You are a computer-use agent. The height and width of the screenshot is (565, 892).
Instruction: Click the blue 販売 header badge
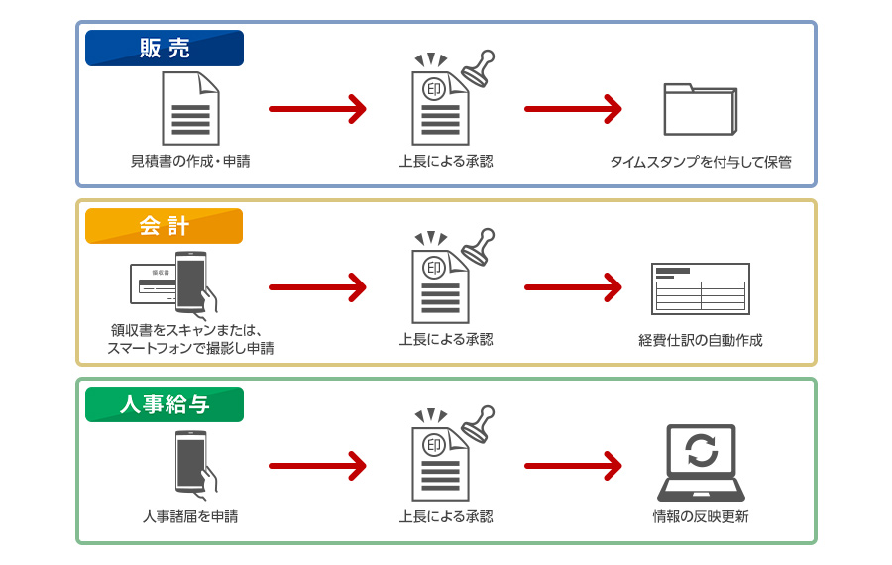164,48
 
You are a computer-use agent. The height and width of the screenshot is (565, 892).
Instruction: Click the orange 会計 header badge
164,226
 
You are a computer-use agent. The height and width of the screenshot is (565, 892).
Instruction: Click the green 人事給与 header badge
164,404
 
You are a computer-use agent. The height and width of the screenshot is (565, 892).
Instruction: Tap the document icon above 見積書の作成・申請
190,108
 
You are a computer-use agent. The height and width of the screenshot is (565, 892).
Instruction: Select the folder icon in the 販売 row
700,108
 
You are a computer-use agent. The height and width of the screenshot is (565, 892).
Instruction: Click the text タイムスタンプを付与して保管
700,162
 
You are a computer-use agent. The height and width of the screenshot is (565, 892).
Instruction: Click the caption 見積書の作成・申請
190,160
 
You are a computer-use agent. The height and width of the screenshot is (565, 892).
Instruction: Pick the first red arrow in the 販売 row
317,108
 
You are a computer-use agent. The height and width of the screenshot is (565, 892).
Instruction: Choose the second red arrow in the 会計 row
573,287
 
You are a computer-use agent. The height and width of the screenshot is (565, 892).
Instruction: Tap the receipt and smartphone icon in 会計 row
174,283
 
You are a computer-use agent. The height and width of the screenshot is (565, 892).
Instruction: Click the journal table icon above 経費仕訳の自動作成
700,288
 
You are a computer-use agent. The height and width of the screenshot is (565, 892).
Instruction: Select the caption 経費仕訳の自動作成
700,340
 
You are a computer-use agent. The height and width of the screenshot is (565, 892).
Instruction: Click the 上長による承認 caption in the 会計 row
445,339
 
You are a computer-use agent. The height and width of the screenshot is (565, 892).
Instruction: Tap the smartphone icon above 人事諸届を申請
192,462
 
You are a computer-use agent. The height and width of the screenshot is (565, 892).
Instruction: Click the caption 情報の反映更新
700,516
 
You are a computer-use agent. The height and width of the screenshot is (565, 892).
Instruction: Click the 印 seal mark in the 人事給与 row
433,445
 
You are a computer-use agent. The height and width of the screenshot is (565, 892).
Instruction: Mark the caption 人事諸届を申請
190,516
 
